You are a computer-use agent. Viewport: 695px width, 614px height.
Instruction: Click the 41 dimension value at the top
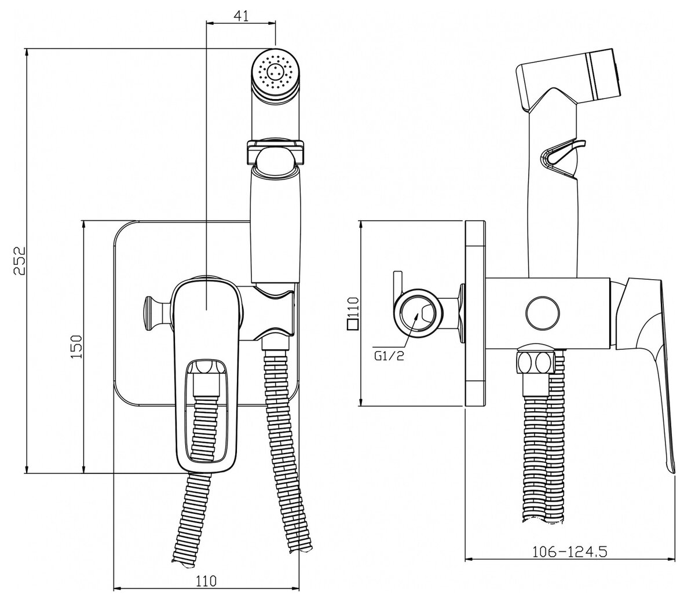coord(242,16)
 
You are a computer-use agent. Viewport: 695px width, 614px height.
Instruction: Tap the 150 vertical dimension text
coord(77,346)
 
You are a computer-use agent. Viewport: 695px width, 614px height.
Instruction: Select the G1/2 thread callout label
coord(389,356)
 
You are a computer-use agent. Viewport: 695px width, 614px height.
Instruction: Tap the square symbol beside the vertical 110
coord(352,325)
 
